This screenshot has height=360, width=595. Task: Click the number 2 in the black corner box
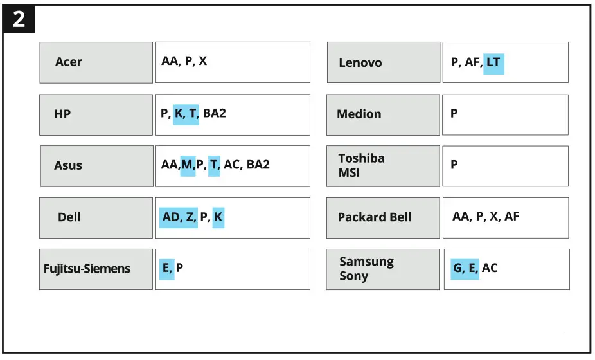tap(19, 19)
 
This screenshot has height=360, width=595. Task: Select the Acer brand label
tap(68, 62)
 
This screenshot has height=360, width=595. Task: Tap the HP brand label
tap(62, 114)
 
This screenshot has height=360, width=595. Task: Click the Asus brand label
tap(68, 165)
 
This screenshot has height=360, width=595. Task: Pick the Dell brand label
tap(69, 217)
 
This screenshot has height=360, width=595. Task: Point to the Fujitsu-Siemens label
tap(87, 269)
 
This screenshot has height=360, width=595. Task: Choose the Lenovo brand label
tap(360, 62)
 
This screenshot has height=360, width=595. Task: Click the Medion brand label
tap(359, 114)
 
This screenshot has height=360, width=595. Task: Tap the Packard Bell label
tap(375, 217)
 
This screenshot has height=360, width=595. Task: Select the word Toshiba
tap(361, 158)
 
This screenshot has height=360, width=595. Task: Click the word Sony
tap(353, 276)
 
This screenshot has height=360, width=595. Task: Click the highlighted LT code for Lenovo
tap(493, 62)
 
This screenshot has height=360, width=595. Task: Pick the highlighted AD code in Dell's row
tap(171, 217)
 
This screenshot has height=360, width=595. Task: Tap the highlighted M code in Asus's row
tap(187, 165)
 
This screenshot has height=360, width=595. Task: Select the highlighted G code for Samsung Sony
tap(458, 267)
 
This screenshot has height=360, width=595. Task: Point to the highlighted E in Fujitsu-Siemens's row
tap(166, 267)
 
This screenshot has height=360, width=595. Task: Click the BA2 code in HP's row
tap(215, 113)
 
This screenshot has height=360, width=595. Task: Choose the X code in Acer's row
tap(202, 61)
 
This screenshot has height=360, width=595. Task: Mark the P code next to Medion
tap(454, 113)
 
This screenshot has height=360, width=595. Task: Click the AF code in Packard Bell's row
tap(512, 216)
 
